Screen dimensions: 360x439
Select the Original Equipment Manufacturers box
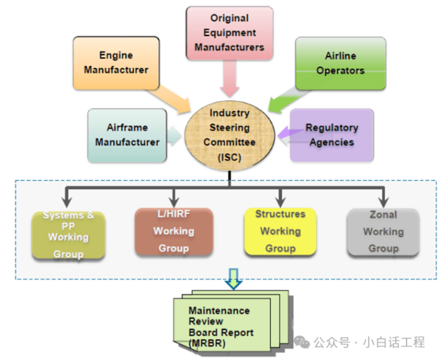pos(229,33)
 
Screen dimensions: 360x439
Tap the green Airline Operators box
pos(340,63)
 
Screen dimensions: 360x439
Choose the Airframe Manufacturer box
pos(127,134)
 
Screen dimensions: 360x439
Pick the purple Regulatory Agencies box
pos(331,134)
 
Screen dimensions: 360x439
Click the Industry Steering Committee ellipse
pos(230,135)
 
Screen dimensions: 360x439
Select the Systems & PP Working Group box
pos(69,236)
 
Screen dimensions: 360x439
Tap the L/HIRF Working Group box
pos(173,232)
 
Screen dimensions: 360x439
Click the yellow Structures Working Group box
pos(280,231)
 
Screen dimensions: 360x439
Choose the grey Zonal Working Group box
pos(383,232)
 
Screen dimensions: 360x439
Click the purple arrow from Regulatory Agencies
pos(285,133)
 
